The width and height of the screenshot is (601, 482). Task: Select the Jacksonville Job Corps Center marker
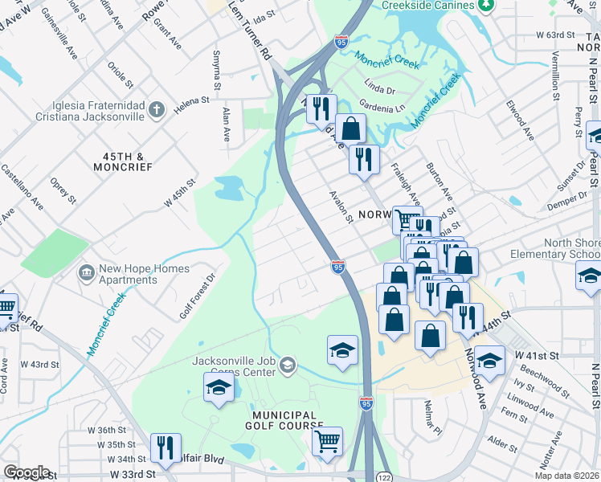[x=288, y=367]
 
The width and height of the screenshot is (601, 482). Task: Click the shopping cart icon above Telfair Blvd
[x=328, y=441]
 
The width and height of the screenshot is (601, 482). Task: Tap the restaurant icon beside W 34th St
[x=166, y=447]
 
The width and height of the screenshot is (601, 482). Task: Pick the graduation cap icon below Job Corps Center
[x=219, y=387]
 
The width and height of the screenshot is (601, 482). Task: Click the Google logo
[x=27, y=472]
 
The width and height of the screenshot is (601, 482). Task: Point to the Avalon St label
[x=340, y=206]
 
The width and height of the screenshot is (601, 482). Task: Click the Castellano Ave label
[x=22, y=186]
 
